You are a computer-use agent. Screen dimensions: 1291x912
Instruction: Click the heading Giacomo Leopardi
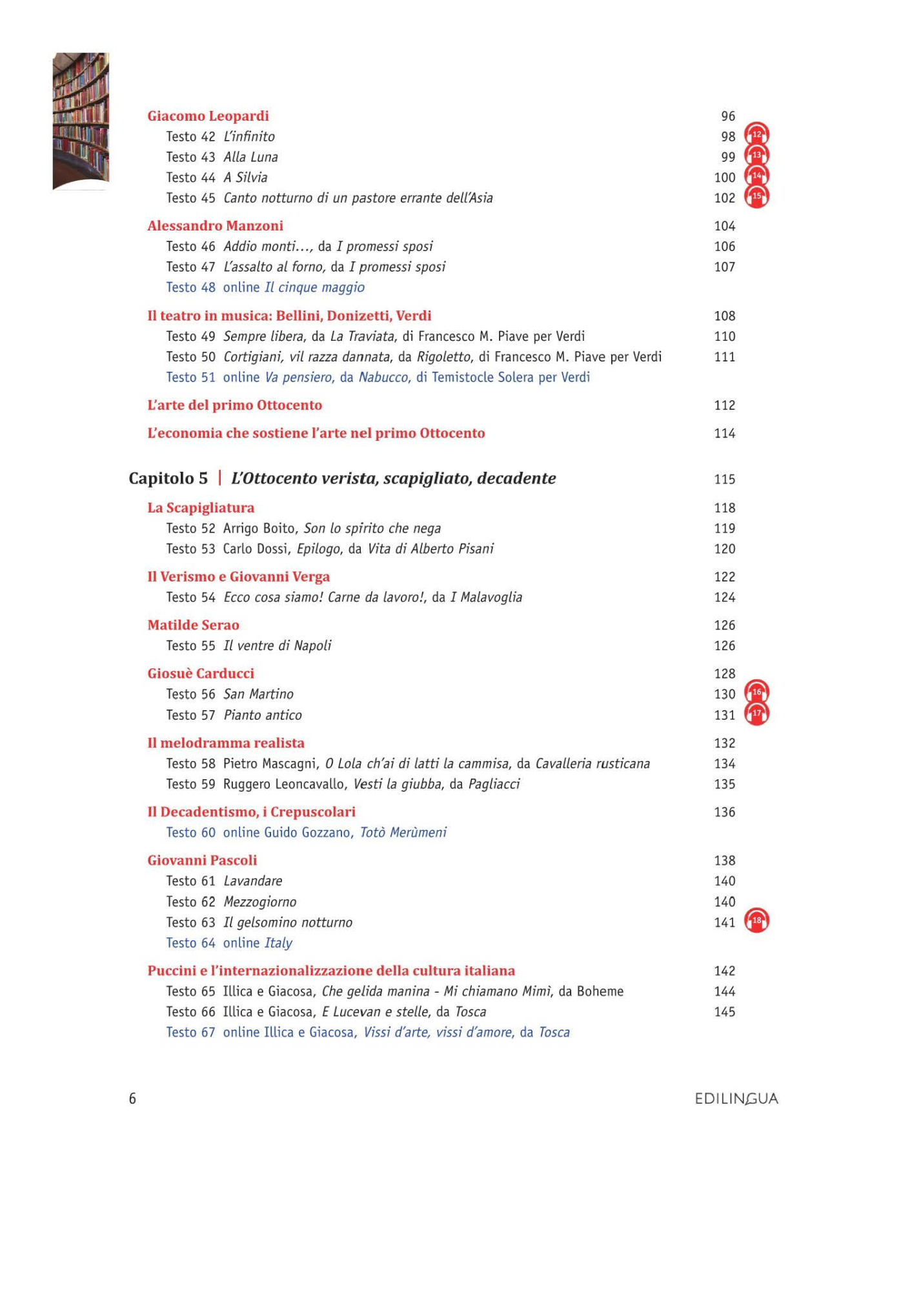tap(208, 116)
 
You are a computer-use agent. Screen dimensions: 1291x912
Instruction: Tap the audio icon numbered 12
tap(756, 135)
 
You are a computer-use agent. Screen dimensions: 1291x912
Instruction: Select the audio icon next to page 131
tap(756, 714)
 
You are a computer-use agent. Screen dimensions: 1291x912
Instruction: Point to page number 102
tap(724, 198)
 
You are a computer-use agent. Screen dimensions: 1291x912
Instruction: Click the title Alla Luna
tap(250, 158)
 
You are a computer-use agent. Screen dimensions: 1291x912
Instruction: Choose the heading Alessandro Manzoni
tap(215, 226)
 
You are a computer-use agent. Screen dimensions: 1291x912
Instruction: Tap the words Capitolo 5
tap(168, 478)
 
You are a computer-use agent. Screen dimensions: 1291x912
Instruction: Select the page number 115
tap(724, 480)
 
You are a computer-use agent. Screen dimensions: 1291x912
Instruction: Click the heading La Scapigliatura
tap(201, 508)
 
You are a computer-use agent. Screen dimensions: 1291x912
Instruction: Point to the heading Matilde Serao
tap(193, 625)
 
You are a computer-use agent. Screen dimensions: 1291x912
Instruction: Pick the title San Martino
tap(258, 695)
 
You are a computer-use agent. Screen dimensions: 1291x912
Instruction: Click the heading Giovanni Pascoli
tap(202, 860)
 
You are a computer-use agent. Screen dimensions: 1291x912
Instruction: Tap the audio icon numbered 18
tap(756, 921)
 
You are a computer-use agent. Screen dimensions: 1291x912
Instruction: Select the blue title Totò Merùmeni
tap(403, 833)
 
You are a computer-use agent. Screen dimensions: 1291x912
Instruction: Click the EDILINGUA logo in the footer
tap(736, 1099)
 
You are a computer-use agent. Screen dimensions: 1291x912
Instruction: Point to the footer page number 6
tap(132, 1099)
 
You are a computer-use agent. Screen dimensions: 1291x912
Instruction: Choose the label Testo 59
tap(190, 784)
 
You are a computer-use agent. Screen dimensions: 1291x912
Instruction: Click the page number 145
tap(724, 1012)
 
